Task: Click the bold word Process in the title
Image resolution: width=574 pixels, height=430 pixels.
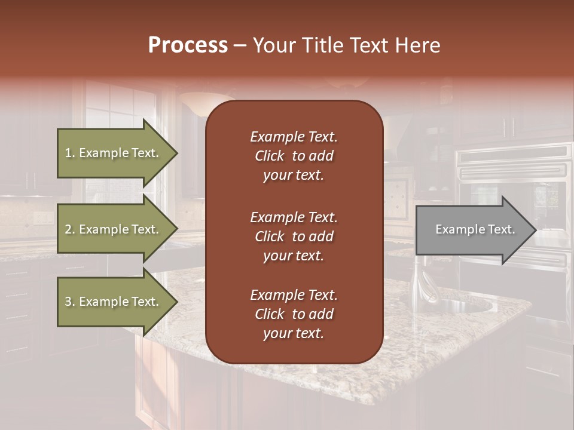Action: (188, 45)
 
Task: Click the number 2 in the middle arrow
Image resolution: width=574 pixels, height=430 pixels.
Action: (68, 229)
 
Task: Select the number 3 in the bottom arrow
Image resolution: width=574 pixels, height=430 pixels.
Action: (68, 302)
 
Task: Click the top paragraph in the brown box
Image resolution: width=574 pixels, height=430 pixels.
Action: (294, 156)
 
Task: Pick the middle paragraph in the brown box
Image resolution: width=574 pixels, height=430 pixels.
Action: (294, 236)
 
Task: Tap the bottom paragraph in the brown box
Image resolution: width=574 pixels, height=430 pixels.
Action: (294, 314)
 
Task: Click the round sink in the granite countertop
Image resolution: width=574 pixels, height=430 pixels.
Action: (463, 306)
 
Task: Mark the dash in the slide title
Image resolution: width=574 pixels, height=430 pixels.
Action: (240, 46)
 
